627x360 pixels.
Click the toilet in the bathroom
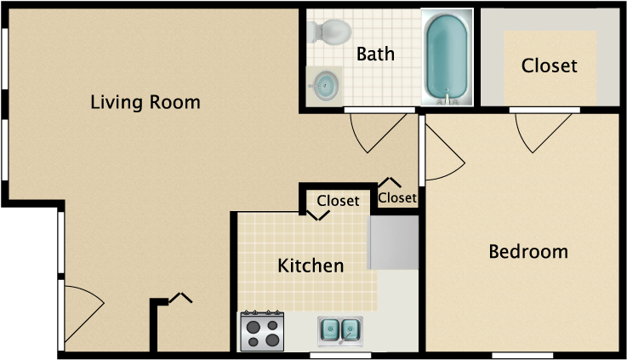[329, 32]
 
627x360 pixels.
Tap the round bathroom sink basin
[325, 86]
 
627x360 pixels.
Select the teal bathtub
[447, 57]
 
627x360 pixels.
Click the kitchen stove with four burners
[262, 331]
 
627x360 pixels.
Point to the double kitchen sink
[340, 331]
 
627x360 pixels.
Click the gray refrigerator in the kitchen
[393, 243]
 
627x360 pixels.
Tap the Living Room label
[145, 102]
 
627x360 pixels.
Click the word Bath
[375, 54]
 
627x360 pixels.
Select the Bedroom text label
[528, 252]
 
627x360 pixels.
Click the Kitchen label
[311, 266]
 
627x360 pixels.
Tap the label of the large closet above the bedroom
[549, 66]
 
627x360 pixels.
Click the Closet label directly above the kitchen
[338, 201]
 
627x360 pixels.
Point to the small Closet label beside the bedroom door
[397, 197]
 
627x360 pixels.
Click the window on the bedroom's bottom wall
[522, 355]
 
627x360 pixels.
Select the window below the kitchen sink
[340, 355]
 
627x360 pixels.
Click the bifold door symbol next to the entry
[180, 298]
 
